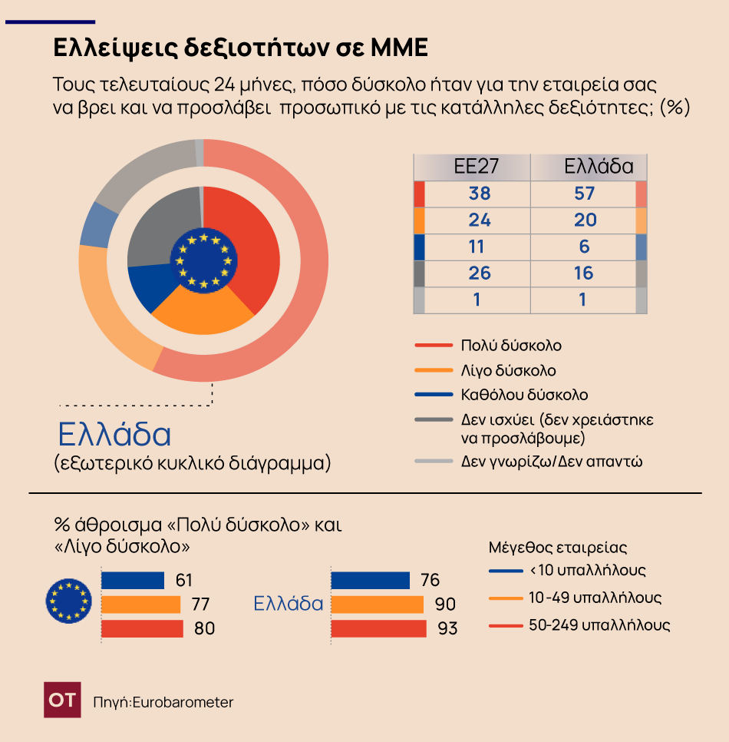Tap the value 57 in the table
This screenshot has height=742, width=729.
(585, 194)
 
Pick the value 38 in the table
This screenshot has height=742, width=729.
(479, 194)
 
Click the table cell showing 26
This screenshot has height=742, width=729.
(479, 273)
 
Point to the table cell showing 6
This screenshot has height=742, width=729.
(585, 247)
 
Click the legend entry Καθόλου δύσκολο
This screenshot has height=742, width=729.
(524, 395)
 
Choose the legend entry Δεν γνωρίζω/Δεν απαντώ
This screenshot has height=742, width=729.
(551, 462)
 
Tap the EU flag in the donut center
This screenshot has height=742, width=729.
(203, 261)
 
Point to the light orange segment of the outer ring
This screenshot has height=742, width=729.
(107, 307)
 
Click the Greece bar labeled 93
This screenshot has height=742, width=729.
(378, 628)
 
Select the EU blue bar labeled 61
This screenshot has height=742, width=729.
(133, 580)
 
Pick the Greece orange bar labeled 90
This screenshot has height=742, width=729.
(377, 604)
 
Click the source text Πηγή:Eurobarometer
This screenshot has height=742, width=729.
(163, 702)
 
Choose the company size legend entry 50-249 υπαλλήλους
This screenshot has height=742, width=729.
(599, 625)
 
